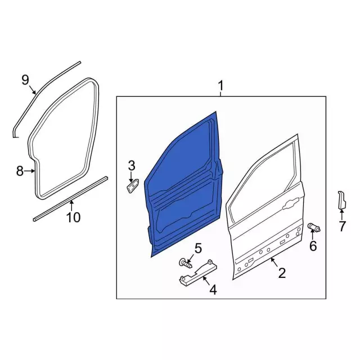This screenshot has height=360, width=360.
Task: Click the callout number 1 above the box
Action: (x=220, y=86)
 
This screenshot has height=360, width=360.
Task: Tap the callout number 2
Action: (x=282, y=273)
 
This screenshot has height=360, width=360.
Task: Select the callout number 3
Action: (x=132, y=165)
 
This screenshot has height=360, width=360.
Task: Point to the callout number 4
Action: (x=213, y=290)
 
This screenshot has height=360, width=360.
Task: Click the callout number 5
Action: (x=198, y=249)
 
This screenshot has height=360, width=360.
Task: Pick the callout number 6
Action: (x=313, y=246)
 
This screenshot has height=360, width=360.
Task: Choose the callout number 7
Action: (x=342, y=226)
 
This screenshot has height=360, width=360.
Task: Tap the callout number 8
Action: (x=20, y=171)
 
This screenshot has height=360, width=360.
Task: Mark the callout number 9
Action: (x=25, y=80)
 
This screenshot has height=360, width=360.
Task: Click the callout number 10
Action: (x=74, y=217)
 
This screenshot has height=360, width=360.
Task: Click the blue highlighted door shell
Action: (x=184, y=184)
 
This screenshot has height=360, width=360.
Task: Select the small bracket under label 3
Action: (x=133, y=186)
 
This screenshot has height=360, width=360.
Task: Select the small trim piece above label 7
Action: (x=341, y=200)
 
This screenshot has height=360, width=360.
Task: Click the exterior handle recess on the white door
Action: (x=291, y=204)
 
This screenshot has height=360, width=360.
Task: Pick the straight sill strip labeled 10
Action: (x=70, y=199)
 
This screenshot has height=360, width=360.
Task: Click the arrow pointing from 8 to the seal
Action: (x=29, y=171)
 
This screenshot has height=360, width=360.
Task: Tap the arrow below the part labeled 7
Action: (x=342, y=214)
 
